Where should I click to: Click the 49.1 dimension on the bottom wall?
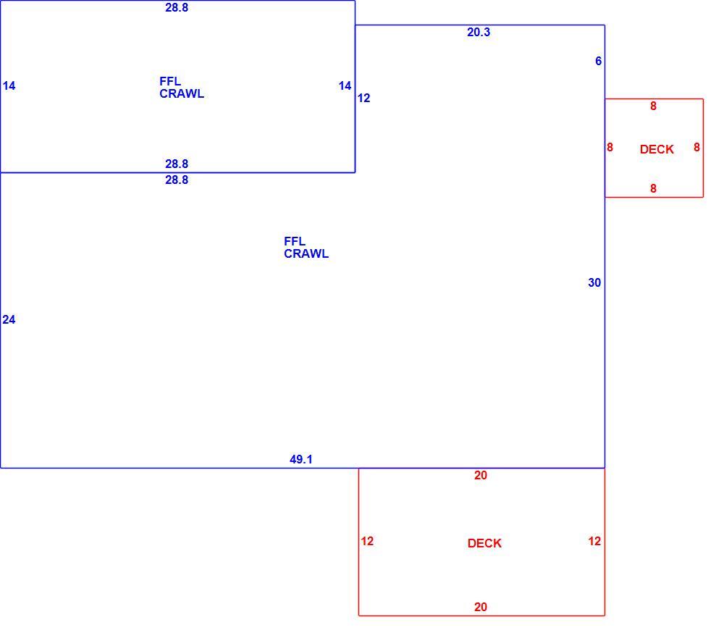click(x=301, y=459)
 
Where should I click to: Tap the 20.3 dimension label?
click(x=479, y=32)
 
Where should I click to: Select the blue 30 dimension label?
click(x=594, y=282)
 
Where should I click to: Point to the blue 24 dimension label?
click(x=9, y=319)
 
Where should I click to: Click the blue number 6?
click(x=599, y=61)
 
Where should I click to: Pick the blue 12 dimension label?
click(x=363, y=98)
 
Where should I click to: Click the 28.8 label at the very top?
click(x=177, y=7)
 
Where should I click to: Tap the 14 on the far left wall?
click(x=9, y=86)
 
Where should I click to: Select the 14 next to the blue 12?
click(x=345, y=86)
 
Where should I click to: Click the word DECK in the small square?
click(x=657, y=149)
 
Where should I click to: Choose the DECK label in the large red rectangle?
click(x=484, y=543)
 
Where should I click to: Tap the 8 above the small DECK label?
click(x=653, y=106)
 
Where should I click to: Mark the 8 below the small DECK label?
click(x=653, y=188)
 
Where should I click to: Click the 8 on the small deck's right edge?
click(x=696, y=148)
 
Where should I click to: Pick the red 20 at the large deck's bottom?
click(x=481, y=607)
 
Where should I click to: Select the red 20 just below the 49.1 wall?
click(x=481, y=475)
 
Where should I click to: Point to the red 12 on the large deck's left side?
click(x=367, y=542)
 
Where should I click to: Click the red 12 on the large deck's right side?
click(x=594, y=542)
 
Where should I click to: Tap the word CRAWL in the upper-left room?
click(x=182, y=94)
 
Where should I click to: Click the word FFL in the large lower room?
click(x=295, y=242)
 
